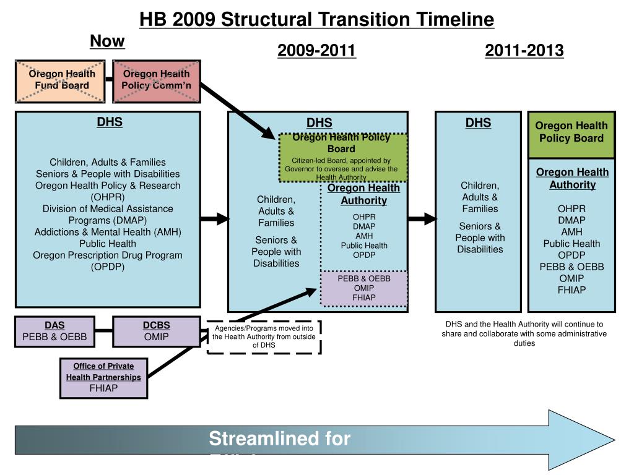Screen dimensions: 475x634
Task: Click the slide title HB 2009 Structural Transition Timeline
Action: [316, 20]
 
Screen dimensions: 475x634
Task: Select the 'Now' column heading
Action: [107, 41]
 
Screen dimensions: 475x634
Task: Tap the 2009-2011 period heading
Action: [316, 51]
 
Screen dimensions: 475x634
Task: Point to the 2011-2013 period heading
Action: [524, 51]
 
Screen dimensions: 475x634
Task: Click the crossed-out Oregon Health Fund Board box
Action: [61, 80]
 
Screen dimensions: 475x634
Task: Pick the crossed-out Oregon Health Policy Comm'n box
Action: [157, 80]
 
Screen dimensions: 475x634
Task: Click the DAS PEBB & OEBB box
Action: [54, 332]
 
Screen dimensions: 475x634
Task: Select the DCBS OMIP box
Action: [156, 332]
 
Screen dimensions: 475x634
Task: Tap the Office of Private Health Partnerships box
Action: [103, 377]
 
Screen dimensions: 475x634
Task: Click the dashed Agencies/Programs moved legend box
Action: [264, 336]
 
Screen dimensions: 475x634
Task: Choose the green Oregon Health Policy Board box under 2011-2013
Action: [571, 132]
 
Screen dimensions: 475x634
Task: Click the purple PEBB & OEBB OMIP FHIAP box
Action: [364, 288]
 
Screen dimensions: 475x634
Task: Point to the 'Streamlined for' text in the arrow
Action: [279, 439]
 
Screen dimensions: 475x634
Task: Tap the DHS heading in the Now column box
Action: [109, 122]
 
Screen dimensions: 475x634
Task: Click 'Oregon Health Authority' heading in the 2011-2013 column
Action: [572, 178]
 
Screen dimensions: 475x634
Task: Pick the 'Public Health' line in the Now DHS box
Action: [108, 244]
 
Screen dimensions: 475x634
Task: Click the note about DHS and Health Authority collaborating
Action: [524, 333]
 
